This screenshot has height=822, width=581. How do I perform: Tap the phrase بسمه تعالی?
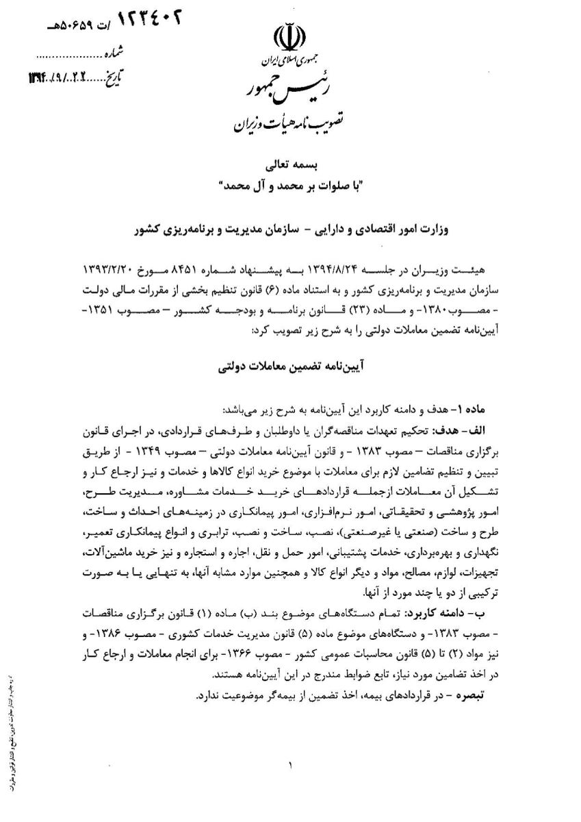[x=292, y=166]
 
